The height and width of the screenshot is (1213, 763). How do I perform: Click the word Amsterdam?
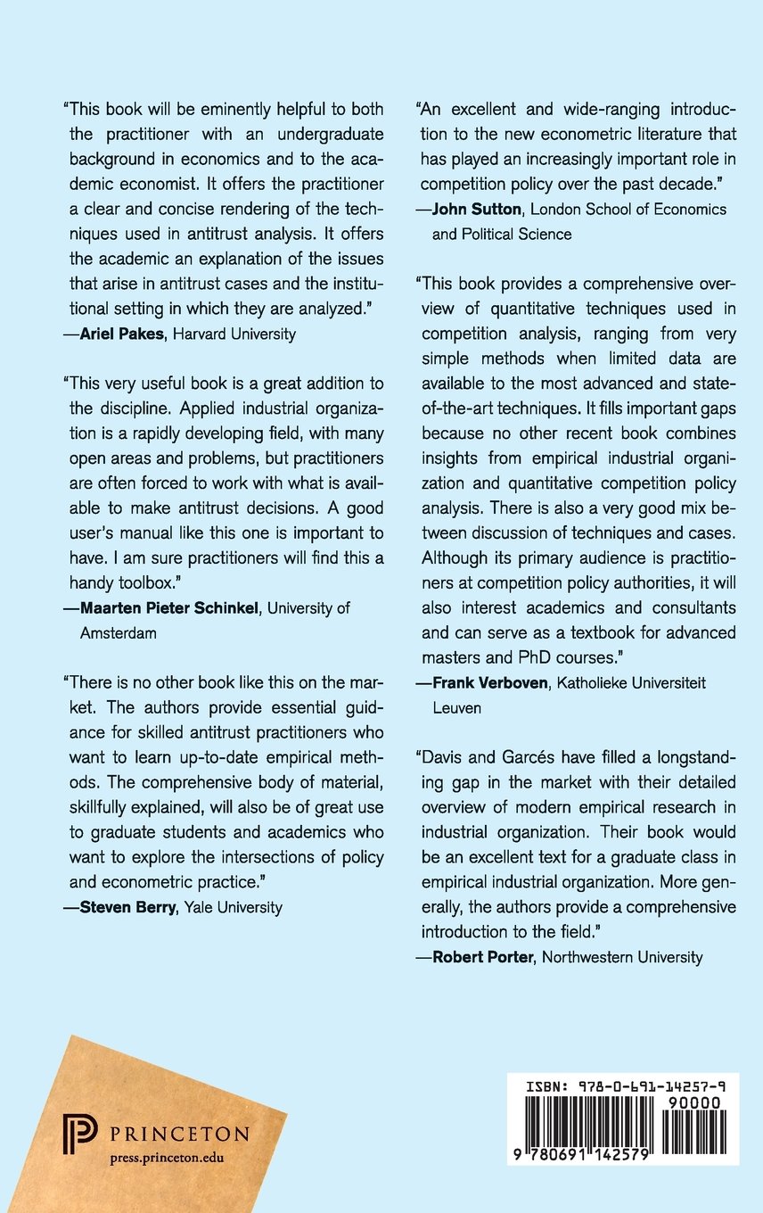[x=112, y=632]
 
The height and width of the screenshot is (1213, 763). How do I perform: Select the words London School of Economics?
[x=634, y=210]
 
